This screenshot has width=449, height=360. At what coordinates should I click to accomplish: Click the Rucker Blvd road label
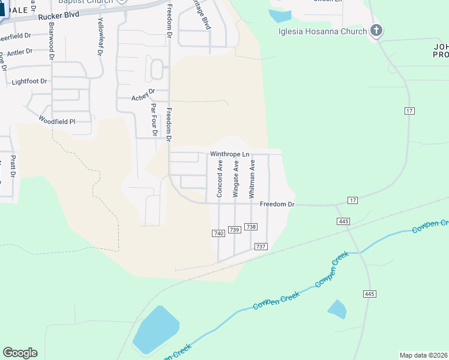coord(59,17)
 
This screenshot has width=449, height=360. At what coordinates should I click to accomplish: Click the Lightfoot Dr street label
coord(29,80)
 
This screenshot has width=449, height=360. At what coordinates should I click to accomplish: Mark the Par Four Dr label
coord(154,119)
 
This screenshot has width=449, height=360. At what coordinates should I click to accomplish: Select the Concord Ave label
coord(220,178)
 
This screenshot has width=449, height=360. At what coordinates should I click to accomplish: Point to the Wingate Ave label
coord(236,178)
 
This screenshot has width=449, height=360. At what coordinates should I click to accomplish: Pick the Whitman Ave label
coord(252,178)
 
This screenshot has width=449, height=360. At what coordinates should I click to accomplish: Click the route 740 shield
coord(218,233)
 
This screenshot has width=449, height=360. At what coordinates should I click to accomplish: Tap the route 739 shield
coord(235,230)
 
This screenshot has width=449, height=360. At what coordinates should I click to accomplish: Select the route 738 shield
coord(251,227)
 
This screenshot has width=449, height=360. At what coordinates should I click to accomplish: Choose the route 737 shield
coord(261,247)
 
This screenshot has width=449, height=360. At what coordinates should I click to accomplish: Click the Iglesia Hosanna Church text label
coord(322,31)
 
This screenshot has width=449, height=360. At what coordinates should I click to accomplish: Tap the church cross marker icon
coord(376,29)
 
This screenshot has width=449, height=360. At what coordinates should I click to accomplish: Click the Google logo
coord(20,353)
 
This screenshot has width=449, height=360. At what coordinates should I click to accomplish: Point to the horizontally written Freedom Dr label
coord(277,205)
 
